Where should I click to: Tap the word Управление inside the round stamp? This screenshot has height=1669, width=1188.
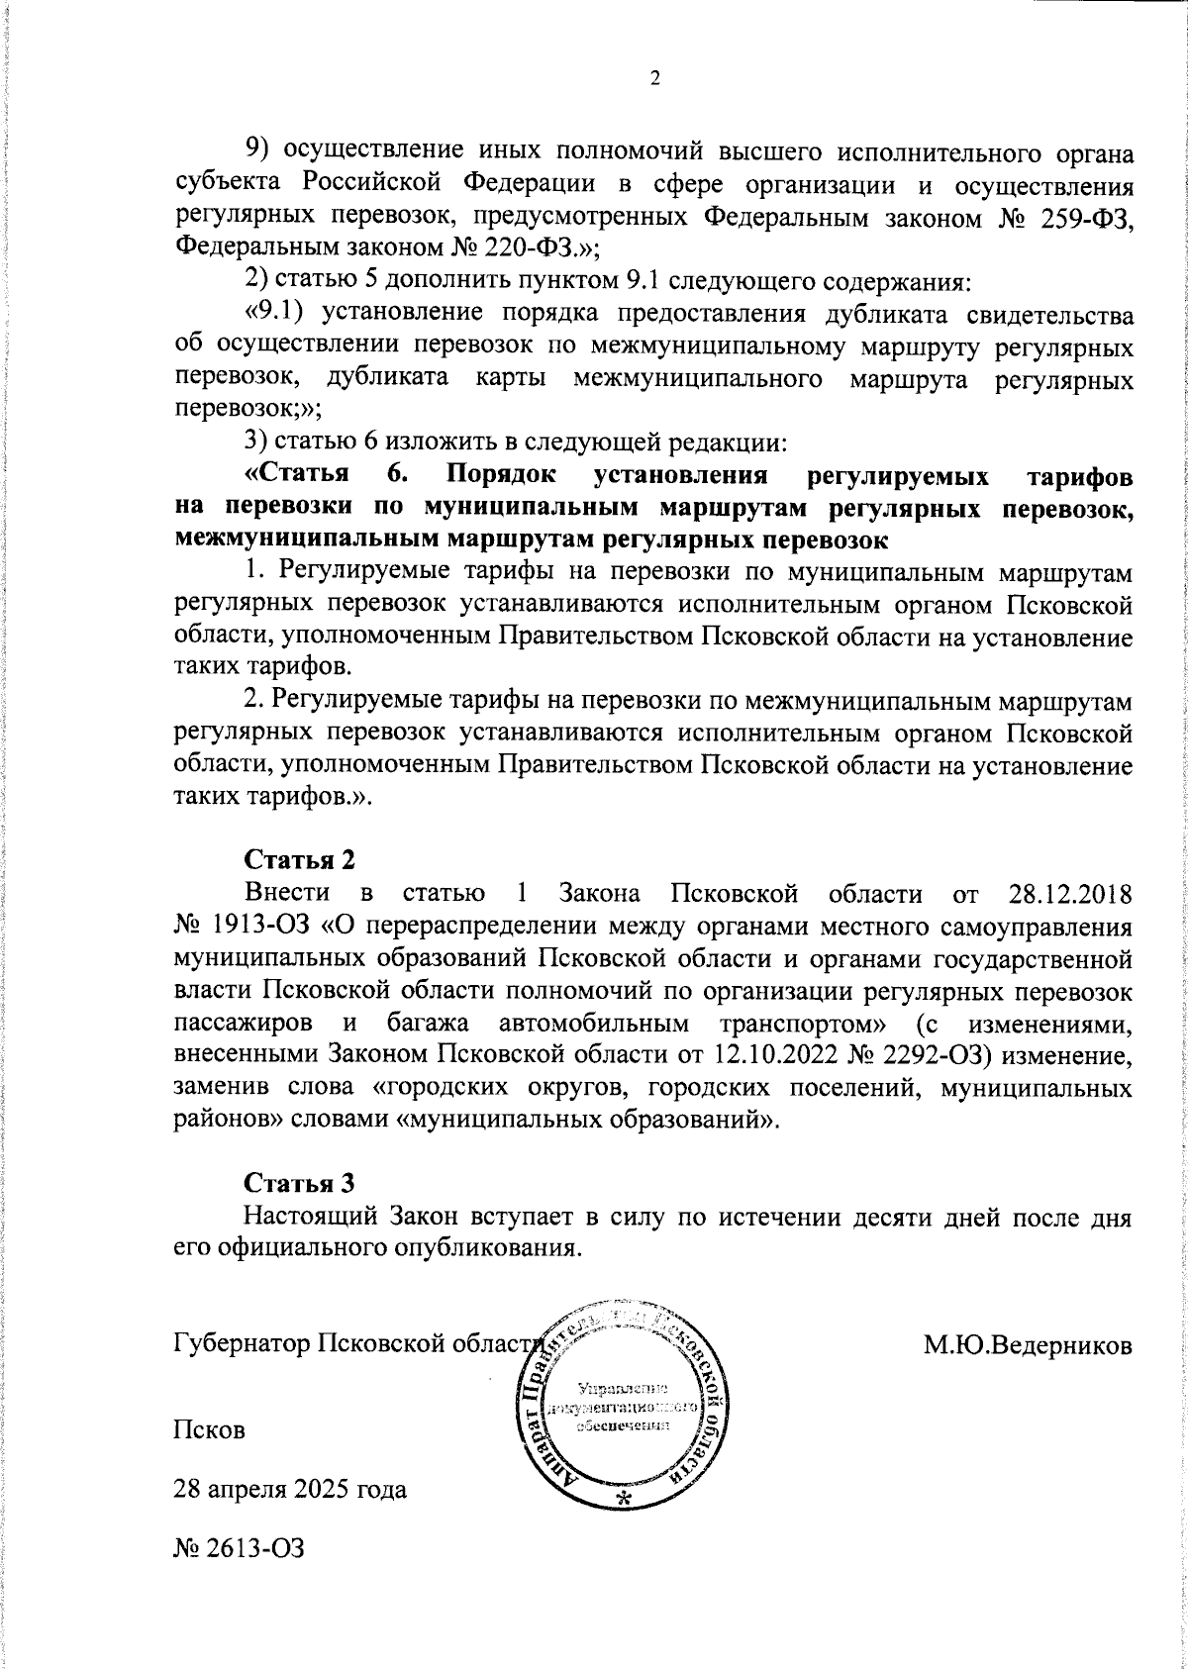[x=623, y=1389]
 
